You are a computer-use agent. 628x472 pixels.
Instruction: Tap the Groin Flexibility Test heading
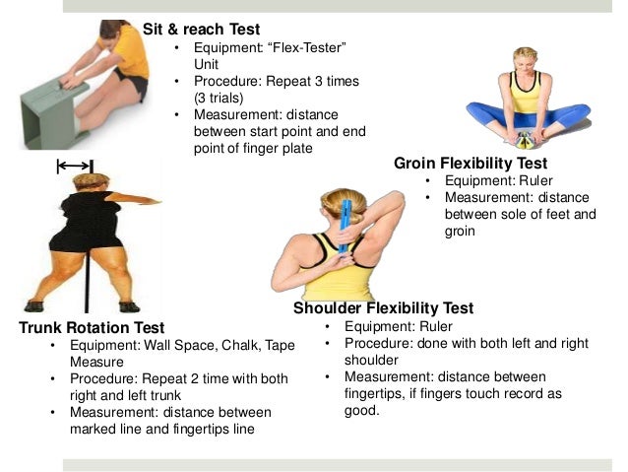tap(471, 164)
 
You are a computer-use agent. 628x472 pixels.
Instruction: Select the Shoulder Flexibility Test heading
tap(384, 308)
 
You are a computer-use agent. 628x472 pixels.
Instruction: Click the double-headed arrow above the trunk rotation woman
tap(75, 166)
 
